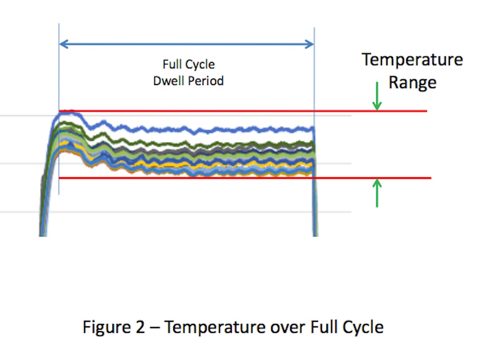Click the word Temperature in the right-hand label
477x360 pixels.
coord(412,60)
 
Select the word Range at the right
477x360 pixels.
coord(412,83)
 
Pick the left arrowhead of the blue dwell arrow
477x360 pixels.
coord(62,44)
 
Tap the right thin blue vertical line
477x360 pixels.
coord(314,79)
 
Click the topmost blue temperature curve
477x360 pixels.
coord(199,129)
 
